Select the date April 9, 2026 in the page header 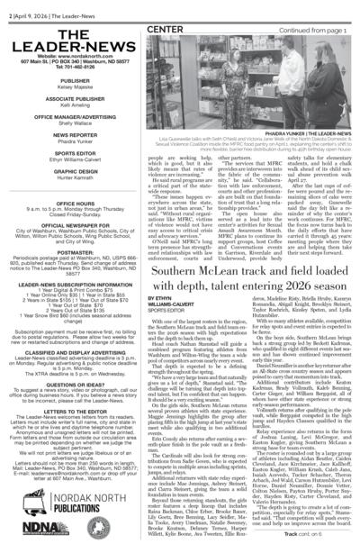click(34, 6)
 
